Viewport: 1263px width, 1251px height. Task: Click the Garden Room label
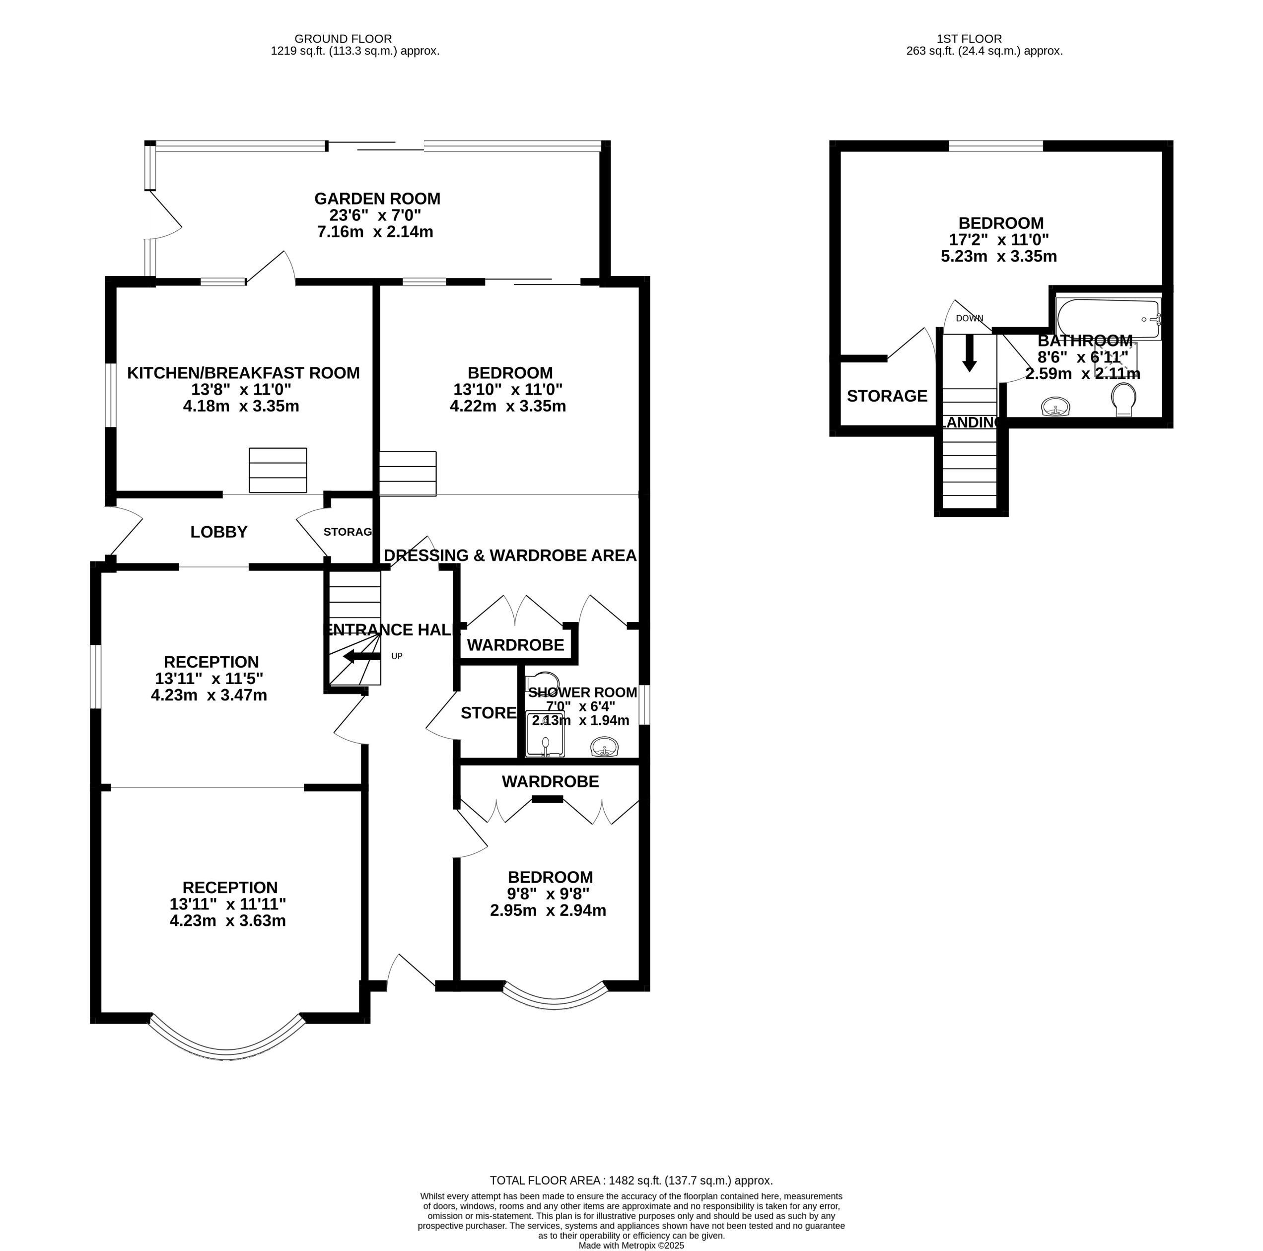(x=377, y=199)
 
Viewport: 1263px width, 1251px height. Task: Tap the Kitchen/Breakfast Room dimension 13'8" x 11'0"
(x=241, y=390)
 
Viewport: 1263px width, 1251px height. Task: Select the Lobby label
(x=218, y=532)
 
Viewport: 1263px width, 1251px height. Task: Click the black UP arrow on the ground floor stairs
(x=361, y=656)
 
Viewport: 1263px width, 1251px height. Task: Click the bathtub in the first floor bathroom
(x=1108, y=319)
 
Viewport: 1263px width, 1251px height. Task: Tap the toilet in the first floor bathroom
(x=1124, y=398)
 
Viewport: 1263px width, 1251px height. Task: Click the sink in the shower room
(x=605, y=747)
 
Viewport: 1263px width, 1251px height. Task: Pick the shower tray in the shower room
(x=545, y=735)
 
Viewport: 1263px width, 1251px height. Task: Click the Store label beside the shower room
(x=489, y=713)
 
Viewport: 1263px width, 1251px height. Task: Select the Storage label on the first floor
(x=887, y=396)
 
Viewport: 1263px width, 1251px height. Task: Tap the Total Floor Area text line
(x=631, y=1181)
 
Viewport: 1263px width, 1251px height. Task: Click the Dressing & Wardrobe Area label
(x=509, y=556)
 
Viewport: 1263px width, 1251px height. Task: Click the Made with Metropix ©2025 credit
(x=631, y=1246)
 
